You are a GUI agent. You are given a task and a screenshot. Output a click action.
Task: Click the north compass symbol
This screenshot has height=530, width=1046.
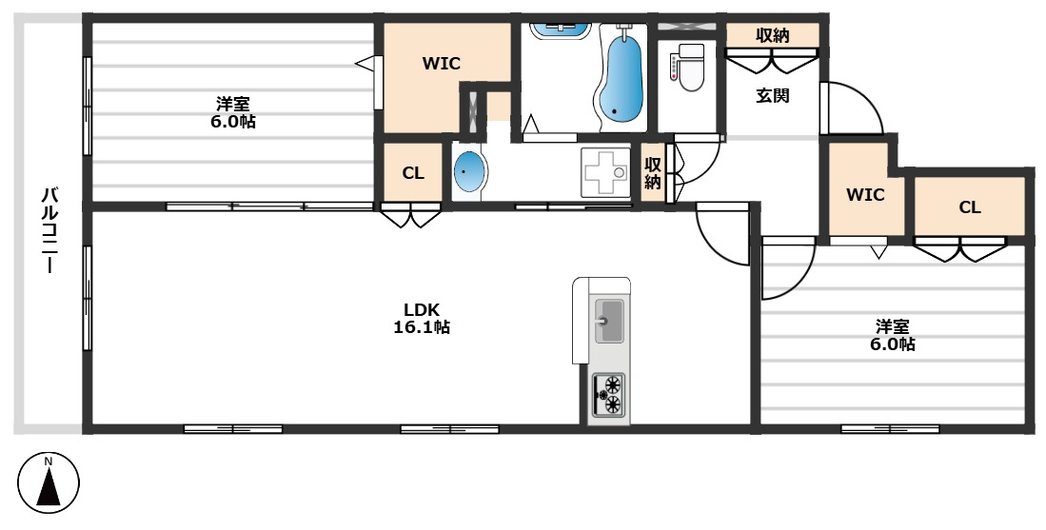pyautogui.click(x=48, y=483)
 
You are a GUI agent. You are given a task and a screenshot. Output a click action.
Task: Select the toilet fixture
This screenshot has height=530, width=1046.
pyautogui.click(x=686, y=68)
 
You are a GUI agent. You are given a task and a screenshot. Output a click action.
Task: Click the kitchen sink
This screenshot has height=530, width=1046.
pyautogui.click(x=608, y=321)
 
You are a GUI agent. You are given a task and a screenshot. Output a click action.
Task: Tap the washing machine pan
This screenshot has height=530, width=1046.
pyautogui.click(x=605, y=172)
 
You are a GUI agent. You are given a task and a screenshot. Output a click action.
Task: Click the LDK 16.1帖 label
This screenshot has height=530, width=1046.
pyautogui.click(x=422, y=318)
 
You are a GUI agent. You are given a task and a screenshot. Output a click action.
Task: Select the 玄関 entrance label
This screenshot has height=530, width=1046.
pyautogui.click(x=773, y=96)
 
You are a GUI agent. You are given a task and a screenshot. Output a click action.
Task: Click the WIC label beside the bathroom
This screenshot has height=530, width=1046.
pyautogui.click(x=441, y=64)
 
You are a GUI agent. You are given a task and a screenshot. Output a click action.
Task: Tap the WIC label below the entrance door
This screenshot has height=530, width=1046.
pyautogui.click(x=865, y=195)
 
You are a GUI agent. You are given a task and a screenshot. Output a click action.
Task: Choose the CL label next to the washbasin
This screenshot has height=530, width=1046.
pyautogui.click(x=413, y=173)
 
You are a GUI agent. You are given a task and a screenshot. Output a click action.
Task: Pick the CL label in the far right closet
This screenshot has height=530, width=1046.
pyautogui.click(x=970, y=207)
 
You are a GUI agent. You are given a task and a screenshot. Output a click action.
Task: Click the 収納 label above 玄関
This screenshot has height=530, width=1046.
pyautogui.click(x=773, y=36)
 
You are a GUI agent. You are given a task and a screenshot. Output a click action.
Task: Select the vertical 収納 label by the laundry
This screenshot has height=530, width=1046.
pyautogui.click(x=652, y=172)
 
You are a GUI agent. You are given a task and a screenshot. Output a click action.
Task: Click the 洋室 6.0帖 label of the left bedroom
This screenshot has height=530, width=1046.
pyautogui.click(x=232, y=112)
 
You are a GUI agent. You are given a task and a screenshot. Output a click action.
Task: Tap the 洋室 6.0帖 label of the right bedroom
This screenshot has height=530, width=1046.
pyautogui.click(x=892, y=335)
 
